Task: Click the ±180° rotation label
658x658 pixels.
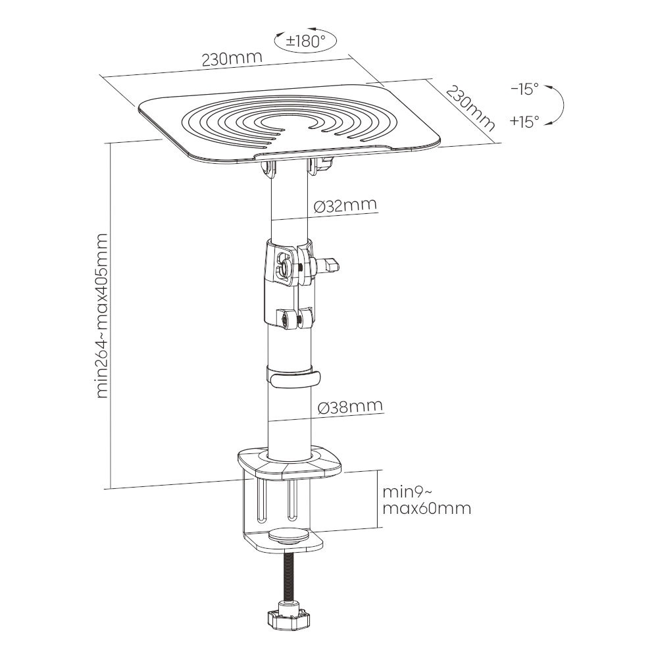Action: click(x=305, y=41)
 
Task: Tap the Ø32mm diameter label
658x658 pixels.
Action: click(x=345, y=205)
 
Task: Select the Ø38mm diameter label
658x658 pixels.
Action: click(x=350, y=407)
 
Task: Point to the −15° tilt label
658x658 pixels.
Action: click(x=524, y=89)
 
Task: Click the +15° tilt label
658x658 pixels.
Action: click(x=524, y=122)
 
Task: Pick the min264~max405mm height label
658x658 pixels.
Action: click(x=103, y=315)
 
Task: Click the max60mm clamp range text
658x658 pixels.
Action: click(x=427, y=509)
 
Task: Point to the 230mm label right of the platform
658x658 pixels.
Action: click(x=470, y=107)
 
